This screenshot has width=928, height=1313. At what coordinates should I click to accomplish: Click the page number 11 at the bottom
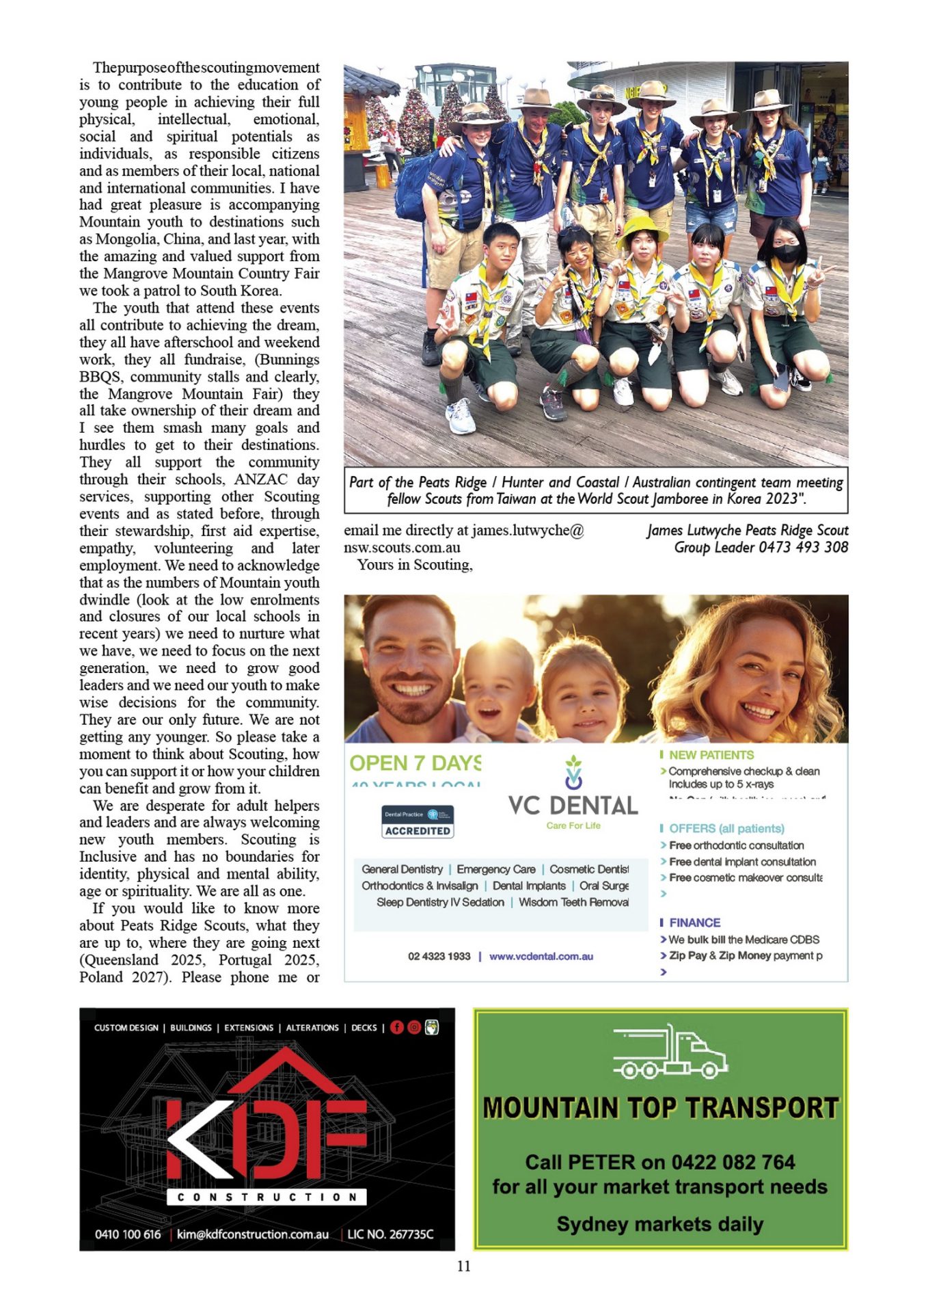[464, 1266]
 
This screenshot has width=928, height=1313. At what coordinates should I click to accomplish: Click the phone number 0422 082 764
[733, 1162]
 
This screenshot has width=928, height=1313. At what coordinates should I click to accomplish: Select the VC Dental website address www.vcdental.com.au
[541, 956]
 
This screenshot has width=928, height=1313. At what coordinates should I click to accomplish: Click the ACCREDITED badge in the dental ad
[418, 830]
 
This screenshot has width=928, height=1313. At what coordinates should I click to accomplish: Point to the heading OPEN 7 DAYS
[415, 763]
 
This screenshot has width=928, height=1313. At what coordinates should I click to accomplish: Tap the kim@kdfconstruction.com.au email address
[253, 1234]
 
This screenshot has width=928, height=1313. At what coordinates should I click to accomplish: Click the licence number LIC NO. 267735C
[390, 1234]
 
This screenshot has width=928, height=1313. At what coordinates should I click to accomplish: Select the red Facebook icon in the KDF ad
[396, 1027]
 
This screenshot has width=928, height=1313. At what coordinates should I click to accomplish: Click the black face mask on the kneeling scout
[787, 253]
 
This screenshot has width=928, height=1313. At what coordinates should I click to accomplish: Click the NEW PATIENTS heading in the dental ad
[711, 755]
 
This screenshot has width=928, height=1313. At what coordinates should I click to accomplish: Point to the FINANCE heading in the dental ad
[694, 923]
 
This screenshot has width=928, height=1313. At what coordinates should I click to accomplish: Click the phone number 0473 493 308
[804, 547]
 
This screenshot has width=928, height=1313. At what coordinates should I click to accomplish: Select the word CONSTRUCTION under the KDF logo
[267, 1197]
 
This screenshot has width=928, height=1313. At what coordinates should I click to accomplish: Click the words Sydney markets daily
[659, 1223]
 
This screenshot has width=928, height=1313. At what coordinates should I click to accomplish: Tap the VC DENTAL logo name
[573, 806]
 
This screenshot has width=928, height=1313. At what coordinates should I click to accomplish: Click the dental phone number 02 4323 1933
[439, 956]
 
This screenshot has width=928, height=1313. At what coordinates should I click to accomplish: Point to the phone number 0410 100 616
[128, 1234]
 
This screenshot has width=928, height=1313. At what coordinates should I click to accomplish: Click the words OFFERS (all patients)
[726, 828]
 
